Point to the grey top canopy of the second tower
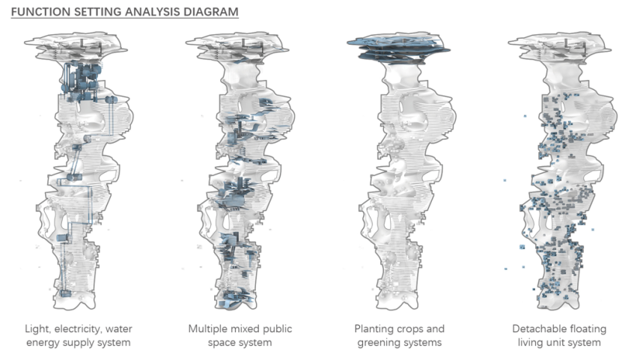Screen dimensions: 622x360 [234, 46]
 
